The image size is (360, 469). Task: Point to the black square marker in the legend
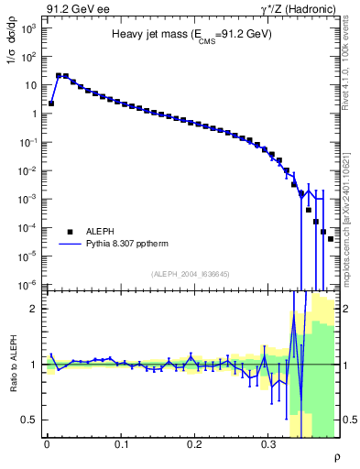(70, 232)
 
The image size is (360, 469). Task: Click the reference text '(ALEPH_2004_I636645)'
(191, 274)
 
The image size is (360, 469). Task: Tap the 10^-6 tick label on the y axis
(29, 284)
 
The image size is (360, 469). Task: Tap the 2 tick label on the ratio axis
(34, 309)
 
